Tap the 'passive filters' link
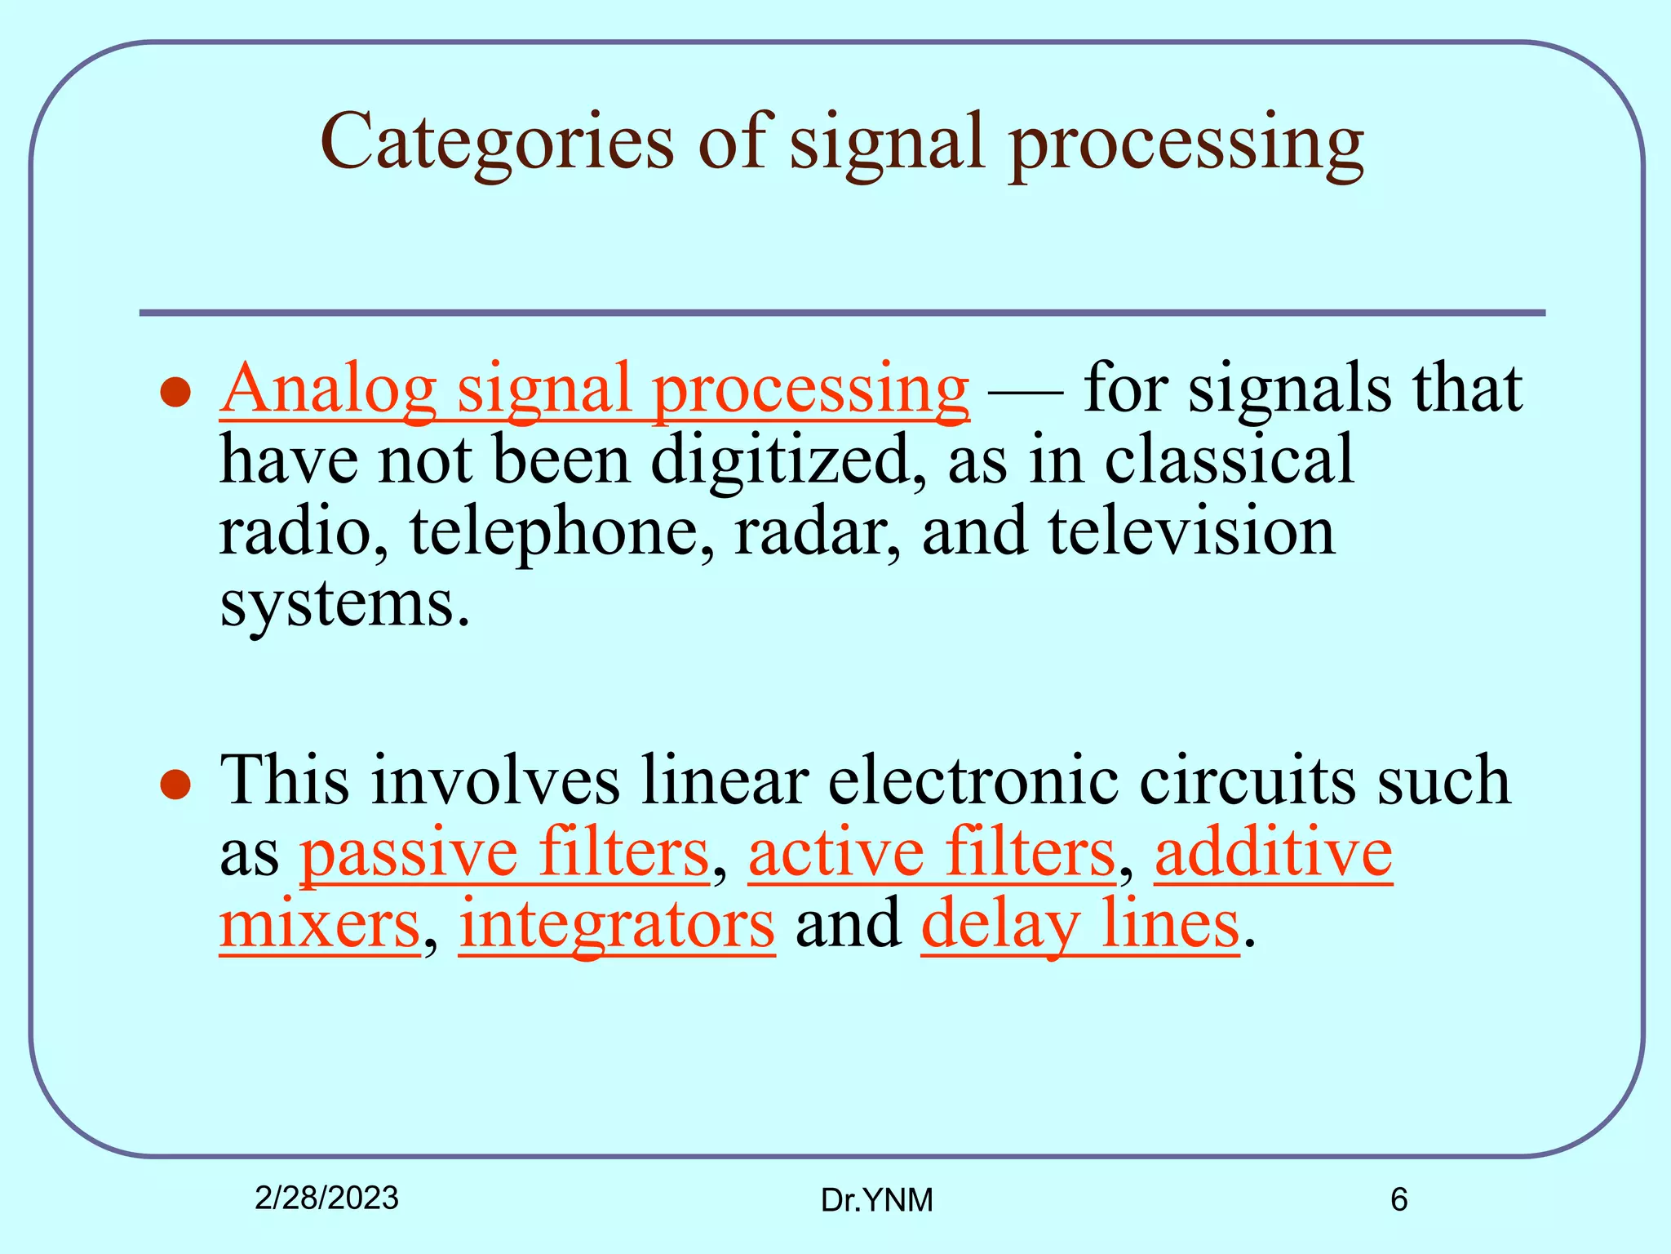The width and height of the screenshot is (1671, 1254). click(x=504, y=853)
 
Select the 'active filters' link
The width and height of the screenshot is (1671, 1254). click(x=931, y=853)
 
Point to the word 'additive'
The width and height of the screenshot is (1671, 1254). click(x=1273, y=853)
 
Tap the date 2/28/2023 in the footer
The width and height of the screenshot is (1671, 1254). click(x=326, y=1198)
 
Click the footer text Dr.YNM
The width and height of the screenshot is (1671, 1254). click(x=876, y=1200)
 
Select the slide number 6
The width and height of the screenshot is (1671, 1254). click(x=1398, y=1199)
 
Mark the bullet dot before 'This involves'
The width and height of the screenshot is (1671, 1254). click(x=175, y=785)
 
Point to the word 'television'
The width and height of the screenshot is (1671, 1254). click(x=1191, y=532)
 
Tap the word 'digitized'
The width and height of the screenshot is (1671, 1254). click(x=788, y=460)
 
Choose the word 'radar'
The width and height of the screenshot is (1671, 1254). click(x=817, y=532)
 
